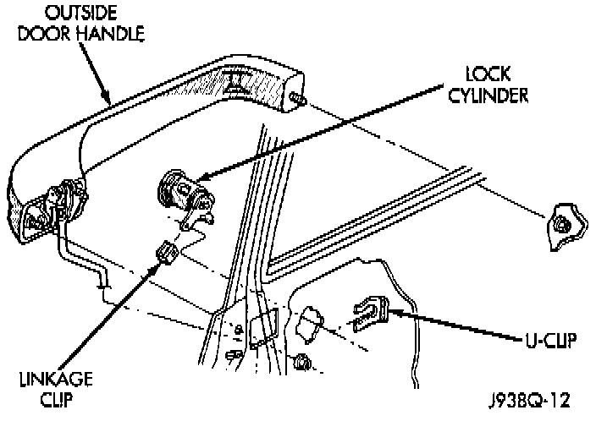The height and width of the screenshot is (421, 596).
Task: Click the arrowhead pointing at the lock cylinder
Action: click(x=204, y=177)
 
